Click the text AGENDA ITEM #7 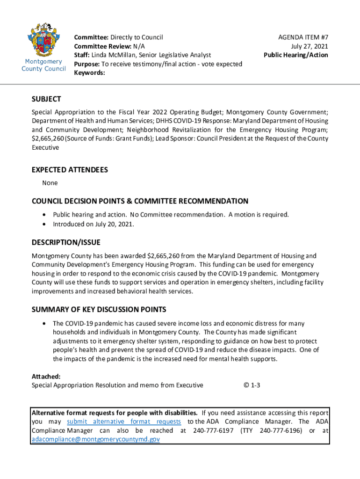click(303, 36)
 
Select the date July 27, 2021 click(310, 46)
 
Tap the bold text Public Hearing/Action click(296, 55)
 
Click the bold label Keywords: click(90, 73)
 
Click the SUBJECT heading click(46, 99)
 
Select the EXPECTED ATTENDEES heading click(70, 170)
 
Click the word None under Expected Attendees click(50, 183)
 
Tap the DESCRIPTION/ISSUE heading click(66, 242)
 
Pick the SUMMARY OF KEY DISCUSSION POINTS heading click(99, 310)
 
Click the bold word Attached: click(46, 376)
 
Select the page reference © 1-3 click(252, 385)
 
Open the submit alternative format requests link click(124, 421)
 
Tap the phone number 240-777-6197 click(213, 430)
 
